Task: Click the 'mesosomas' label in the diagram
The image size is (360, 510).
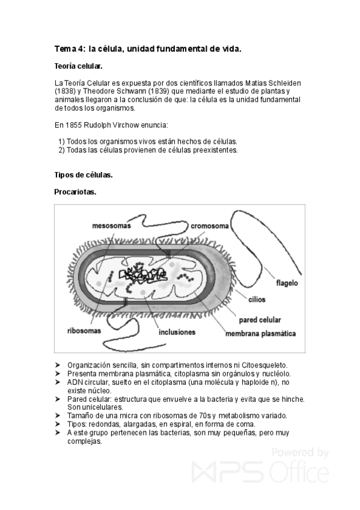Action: [112, 227]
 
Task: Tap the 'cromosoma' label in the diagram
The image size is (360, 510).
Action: [210, 227]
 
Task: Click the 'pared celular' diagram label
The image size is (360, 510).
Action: [260, 319]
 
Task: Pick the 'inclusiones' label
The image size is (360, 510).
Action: [177, 331]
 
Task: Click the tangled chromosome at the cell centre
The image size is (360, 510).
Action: [142, 276]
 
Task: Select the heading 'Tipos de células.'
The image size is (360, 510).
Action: [84, 176]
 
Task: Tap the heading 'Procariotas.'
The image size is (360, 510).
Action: [75, 192]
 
